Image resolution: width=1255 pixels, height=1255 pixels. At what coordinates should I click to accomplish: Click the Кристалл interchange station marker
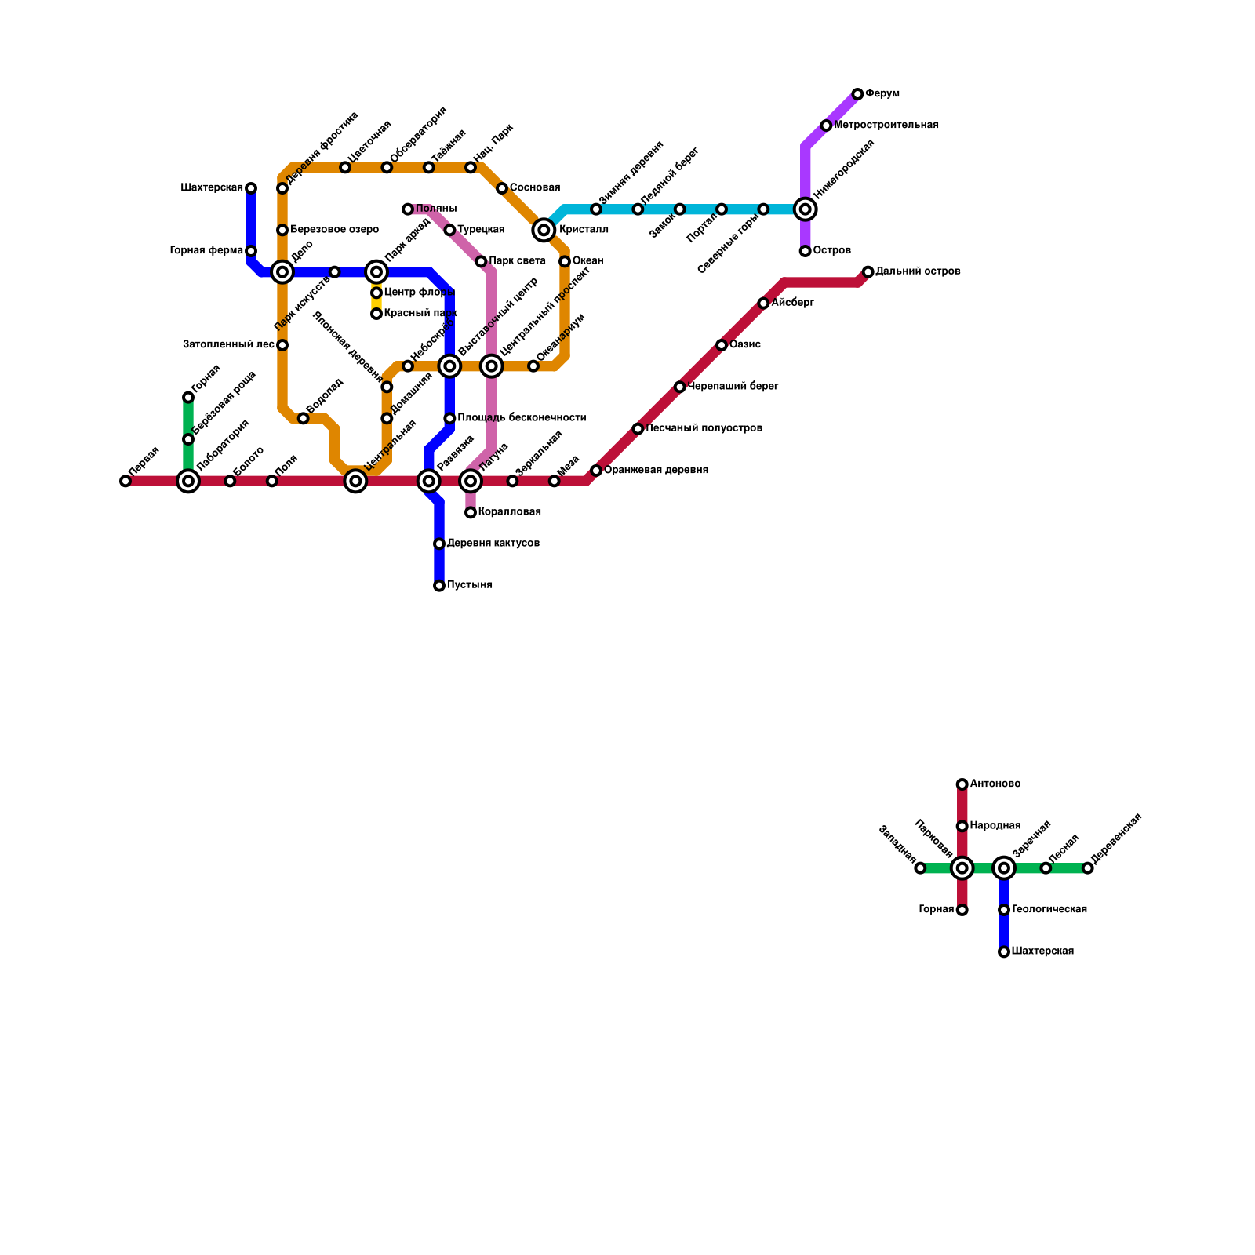pos(544,230)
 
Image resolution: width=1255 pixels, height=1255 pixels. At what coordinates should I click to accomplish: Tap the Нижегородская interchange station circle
pos(805,209)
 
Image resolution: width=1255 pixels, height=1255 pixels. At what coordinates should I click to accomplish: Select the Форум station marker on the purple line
pos(857,94)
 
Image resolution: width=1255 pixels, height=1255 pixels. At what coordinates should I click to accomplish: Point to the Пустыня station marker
pos(439,586)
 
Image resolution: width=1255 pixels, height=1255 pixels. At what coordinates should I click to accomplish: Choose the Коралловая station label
pos(509,512)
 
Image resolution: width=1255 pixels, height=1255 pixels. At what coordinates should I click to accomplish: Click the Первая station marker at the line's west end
pos(125,481)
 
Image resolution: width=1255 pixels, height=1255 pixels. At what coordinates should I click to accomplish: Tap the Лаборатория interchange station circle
pos(188,481)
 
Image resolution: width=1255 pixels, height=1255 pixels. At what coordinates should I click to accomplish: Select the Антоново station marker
pos(962,784)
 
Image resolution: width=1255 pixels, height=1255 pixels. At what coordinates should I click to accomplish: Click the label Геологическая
pos(1049,910)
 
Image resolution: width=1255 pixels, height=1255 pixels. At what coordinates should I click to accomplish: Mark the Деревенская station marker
pos(1087,868)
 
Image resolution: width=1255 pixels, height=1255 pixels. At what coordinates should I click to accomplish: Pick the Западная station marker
pos(920,868)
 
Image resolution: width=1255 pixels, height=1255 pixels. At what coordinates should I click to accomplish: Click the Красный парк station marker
pos(376,314)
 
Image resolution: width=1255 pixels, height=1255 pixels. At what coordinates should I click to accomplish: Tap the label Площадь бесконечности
pos(522,418)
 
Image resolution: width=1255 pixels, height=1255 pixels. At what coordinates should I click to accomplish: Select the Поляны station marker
pos(408,209)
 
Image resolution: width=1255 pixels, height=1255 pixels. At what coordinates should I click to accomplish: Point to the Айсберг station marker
pos(763,304)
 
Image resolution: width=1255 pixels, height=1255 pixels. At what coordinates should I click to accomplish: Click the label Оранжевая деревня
pos(656,471)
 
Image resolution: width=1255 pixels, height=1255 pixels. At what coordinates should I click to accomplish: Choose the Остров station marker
pos(805,251)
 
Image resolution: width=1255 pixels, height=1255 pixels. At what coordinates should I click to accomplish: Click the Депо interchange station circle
pos(282,272)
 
